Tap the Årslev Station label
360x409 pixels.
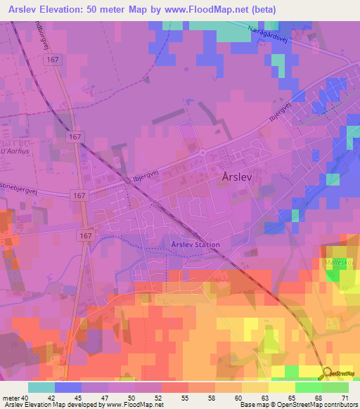pyautogui.click(x=195, y=245)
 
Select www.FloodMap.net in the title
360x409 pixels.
pyautogui.click(x=210, y=10)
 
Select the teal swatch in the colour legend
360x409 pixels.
pyautogui.click(x=41, y=387)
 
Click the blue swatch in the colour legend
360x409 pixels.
pyautogui.click(x=68, y=387)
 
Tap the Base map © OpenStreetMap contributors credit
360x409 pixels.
pyautogui.click(x=298, y=405)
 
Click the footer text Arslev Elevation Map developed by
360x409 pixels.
pyautogui.click(x=53, y=405)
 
